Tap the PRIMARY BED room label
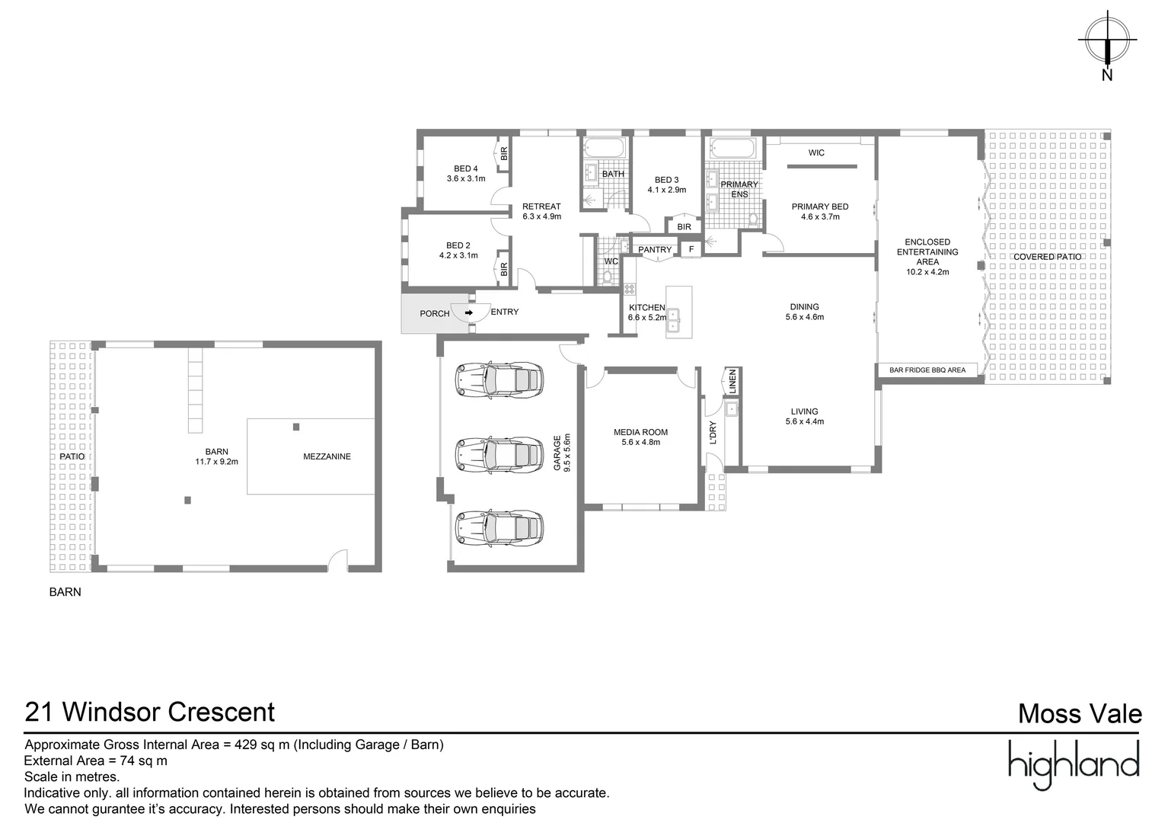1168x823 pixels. pos(819,207)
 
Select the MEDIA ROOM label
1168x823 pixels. pos(640,432)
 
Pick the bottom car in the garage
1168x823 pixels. pos(499,527)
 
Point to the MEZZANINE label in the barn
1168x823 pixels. pos(327,456)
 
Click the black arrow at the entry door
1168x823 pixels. pos(469,312)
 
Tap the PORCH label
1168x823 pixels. pos(435,313)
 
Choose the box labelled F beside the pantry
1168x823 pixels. pos(691,249)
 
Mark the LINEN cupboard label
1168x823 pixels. pos(732,380)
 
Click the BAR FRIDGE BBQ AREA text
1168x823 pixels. pos(927,370)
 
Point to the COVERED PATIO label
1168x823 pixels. pos(1047,257)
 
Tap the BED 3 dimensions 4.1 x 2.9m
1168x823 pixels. pos(666,190)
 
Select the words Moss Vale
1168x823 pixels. pos(1079,714)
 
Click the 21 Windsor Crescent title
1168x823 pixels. pos(150,712)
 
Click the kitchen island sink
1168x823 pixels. pos(673,320)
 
